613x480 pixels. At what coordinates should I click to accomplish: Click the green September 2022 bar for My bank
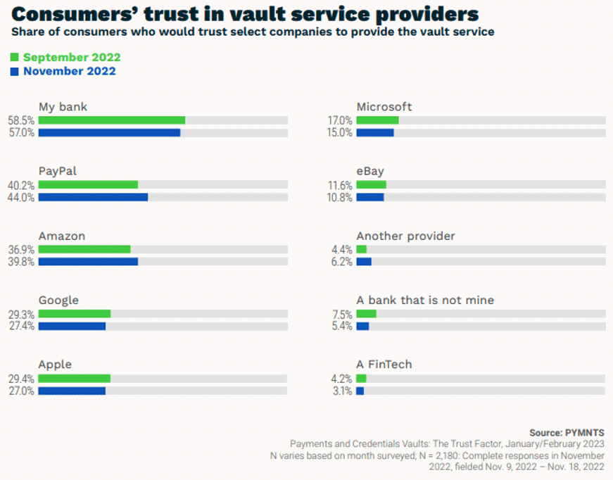coord(112,120)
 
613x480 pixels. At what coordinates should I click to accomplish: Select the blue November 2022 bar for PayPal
coord(93,197)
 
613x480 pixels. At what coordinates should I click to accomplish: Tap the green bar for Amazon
coord(84,249)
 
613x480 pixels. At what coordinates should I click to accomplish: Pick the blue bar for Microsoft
coord(375,132)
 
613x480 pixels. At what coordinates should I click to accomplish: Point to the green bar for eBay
coord(372,185)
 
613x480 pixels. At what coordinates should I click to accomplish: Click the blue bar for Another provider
coord(364,262)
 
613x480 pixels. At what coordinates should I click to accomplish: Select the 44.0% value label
coord(21,197)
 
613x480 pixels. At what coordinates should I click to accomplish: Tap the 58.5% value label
coord(21,120)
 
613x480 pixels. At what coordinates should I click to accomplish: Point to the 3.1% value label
coord(342,391)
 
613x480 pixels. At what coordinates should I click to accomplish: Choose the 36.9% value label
coord(21,249)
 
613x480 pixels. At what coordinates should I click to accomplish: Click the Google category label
coord(58,301)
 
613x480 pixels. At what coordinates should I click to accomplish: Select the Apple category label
coord(55,365)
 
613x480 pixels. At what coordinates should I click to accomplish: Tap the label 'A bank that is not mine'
coord(425,301)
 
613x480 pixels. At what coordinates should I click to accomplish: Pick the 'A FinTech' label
coord(384,365)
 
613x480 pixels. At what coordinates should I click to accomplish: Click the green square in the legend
coord(15,58)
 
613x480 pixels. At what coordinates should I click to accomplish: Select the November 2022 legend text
coord(69,71)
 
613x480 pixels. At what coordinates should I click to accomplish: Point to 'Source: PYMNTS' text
coord(566,432)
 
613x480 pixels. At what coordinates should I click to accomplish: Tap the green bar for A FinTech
coord(362,379)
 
